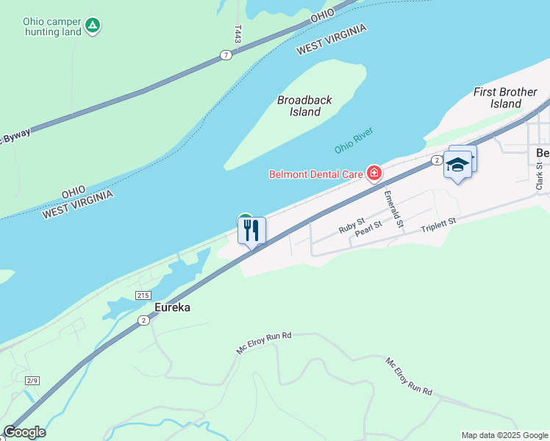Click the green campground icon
[x=93, y=26]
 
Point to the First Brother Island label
[x=505, y=98]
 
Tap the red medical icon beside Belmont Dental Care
[x=374, y=173]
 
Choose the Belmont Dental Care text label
[x=316, y=174]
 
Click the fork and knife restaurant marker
[x=251, y=231]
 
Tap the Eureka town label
[x=172, y=307]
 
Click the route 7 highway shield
[x=226, y=55]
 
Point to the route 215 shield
[x=143, y=295]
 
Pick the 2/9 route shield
[x=32, y=380]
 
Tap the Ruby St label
[x=351, y=225]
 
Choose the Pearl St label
[x=368, y=229]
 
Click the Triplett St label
[x=439, y=224]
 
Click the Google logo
[x=24, y=432]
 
